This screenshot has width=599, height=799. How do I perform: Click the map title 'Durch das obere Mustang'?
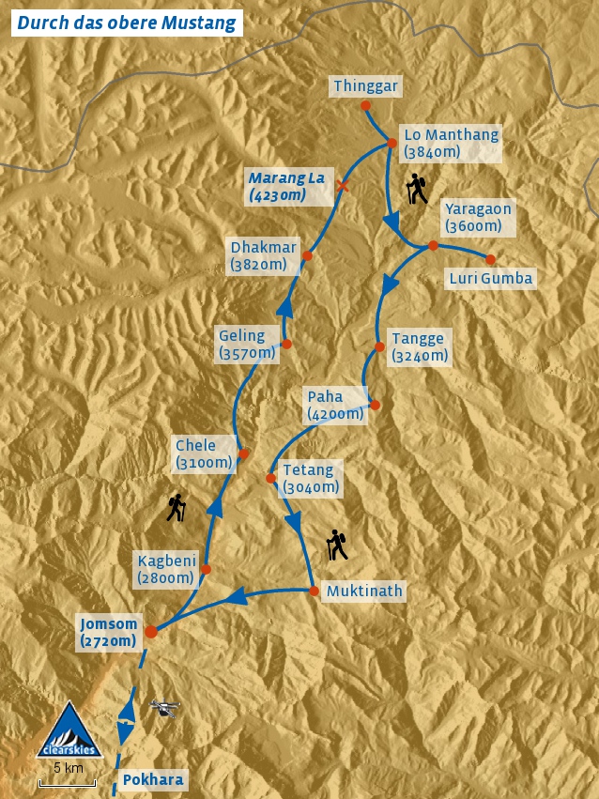(x=127, y=23)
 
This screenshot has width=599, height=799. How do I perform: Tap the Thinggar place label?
(x=366, y=86)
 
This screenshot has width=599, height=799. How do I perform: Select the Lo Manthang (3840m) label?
(x=451, y=143)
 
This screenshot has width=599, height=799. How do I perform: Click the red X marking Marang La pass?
(x=343, y=186)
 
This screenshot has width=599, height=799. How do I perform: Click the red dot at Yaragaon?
(x=433, y=246)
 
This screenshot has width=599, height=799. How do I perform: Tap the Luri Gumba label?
(x=490, y=278)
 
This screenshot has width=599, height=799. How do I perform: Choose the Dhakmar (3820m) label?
(x=263, y=255)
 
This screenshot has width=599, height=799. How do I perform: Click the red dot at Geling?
(x=287, y=344)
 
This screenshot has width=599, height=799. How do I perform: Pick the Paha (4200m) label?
(x=335, y=405)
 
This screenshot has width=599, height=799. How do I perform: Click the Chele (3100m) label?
(x=204, y=453)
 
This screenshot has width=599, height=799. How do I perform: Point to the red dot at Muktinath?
(x=314, y=591)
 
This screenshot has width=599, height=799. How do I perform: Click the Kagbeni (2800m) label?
(x=166, y=569)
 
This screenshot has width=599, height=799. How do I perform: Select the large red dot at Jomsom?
(x=151, y=632)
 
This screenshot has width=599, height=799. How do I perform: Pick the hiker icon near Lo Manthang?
(x=417, y=190)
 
